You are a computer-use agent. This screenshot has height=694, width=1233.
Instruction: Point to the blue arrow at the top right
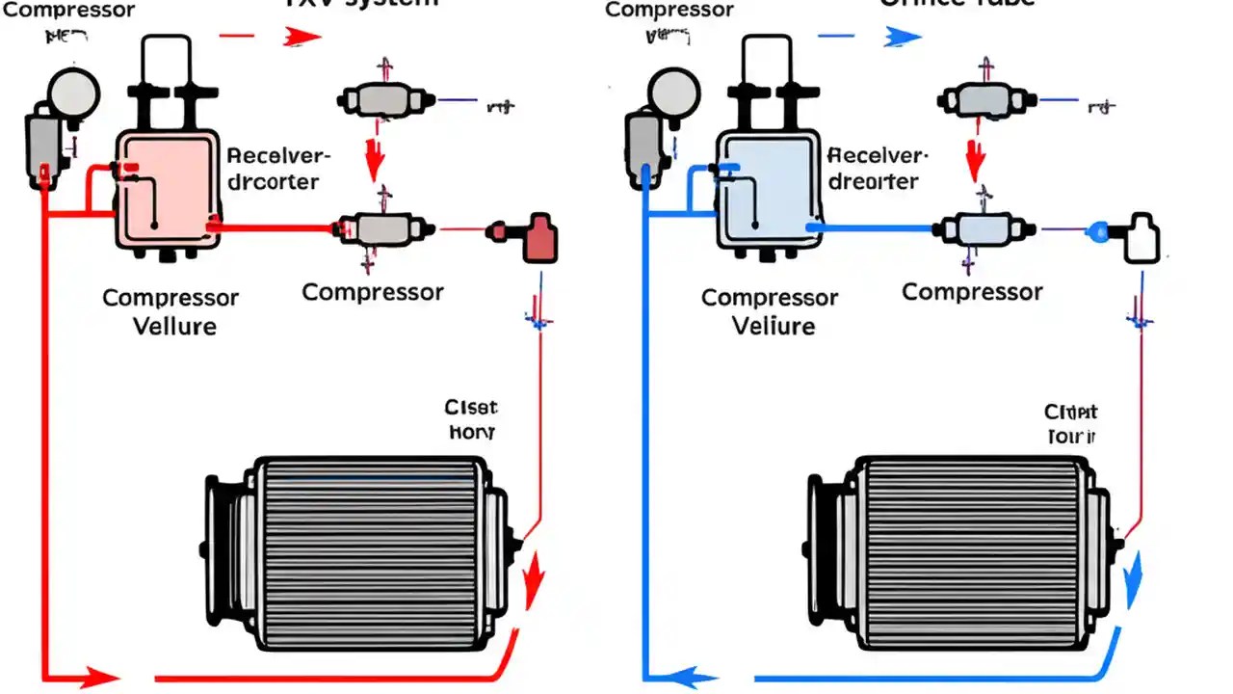pyautogui.click(x=902, y=37)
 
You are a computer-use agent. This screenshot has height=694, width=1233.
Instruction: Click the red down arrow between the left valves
pyautogui.click(x=375, y=159)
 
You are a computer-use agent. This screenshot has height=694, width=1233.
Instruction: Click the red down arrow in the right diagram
pyautogui.click(x=976, y=159)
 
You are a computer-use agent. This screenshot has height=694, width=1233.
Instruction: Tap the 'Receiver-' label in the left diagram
pyautogui.click(x=278, y=156)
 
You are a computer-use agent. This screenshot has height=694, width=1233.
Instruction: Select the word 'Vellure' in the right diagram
pyautogui.click(x=774, y=326)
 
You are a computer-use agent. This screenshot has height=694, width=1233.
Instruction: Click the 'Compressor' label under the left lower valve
pyautogui.click(x=373, y=292)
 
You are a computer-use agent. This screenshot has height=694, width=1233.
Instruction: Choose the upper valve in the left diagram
pyautogui.click(x=382, y=98)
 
